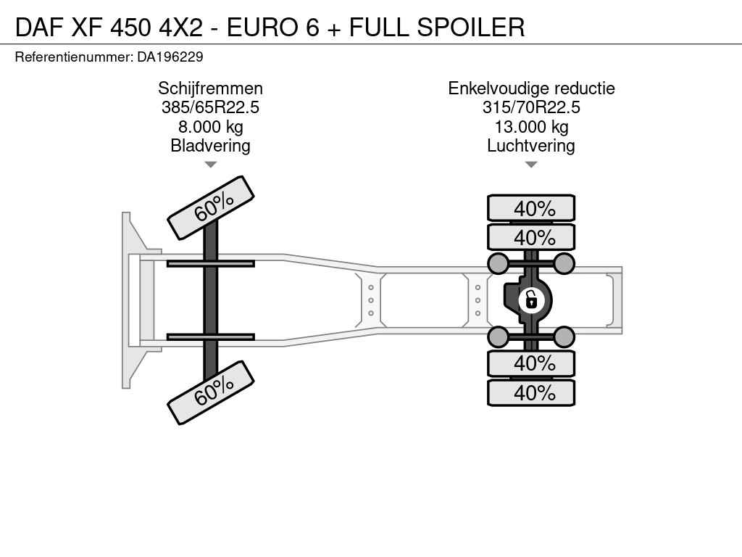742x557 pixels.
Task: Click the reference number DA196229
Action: point(170,57)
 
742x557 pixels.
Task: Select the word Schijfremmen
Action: point(210,88)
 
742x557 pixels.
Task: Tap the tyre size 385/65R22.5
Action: point(210,107)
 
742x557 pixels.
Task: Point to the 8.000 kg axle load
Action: point(210,127)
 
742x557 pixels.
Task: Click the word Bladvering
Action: point(210,146)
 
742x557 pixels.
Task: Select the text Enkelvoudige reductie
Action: point(531,88)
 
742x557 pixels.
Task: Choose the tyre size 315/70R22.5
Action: point(531,107)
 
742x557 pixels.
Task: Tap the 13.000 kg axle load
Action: point(531,127)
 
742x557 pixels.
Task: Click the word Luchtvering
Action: point(531,146)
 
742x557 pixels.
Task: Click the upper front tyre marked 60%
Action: point(211,207)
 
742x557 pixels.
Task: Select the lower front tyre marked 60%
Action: point(211,392)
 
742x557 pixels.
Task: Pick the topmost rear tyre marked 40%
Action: point(531,208)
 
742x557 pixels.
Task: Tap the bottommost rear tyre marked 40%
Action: point(531,392)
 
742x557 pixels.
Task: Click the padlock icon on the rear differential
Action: point(530,299)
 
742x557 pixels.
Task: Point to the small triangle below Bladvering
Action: point(210,165)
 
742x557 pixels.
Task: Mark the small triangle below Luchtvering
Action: point(531,165)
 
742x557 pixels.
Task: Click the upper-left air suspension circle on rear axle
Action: point(498,263)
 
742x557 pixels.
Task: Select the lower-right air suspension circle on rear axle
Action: point(564,336)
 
